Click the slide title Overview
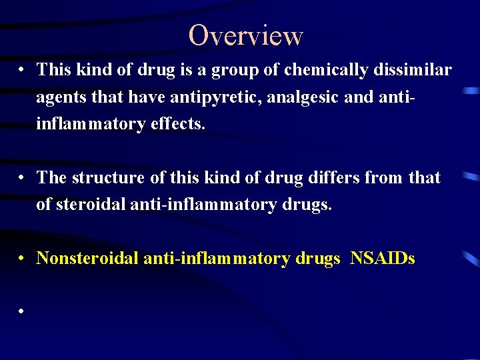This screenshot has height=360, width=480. click(245, 35)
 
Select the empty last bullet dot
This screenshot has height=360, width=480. click(22, 311)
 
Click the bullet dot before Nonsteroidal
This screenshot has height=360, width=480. click(22, 258)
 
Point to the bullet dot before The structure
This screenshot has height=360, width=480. click(22, 178)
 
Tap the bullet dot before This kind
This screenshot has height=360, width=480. click(22, 69)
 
